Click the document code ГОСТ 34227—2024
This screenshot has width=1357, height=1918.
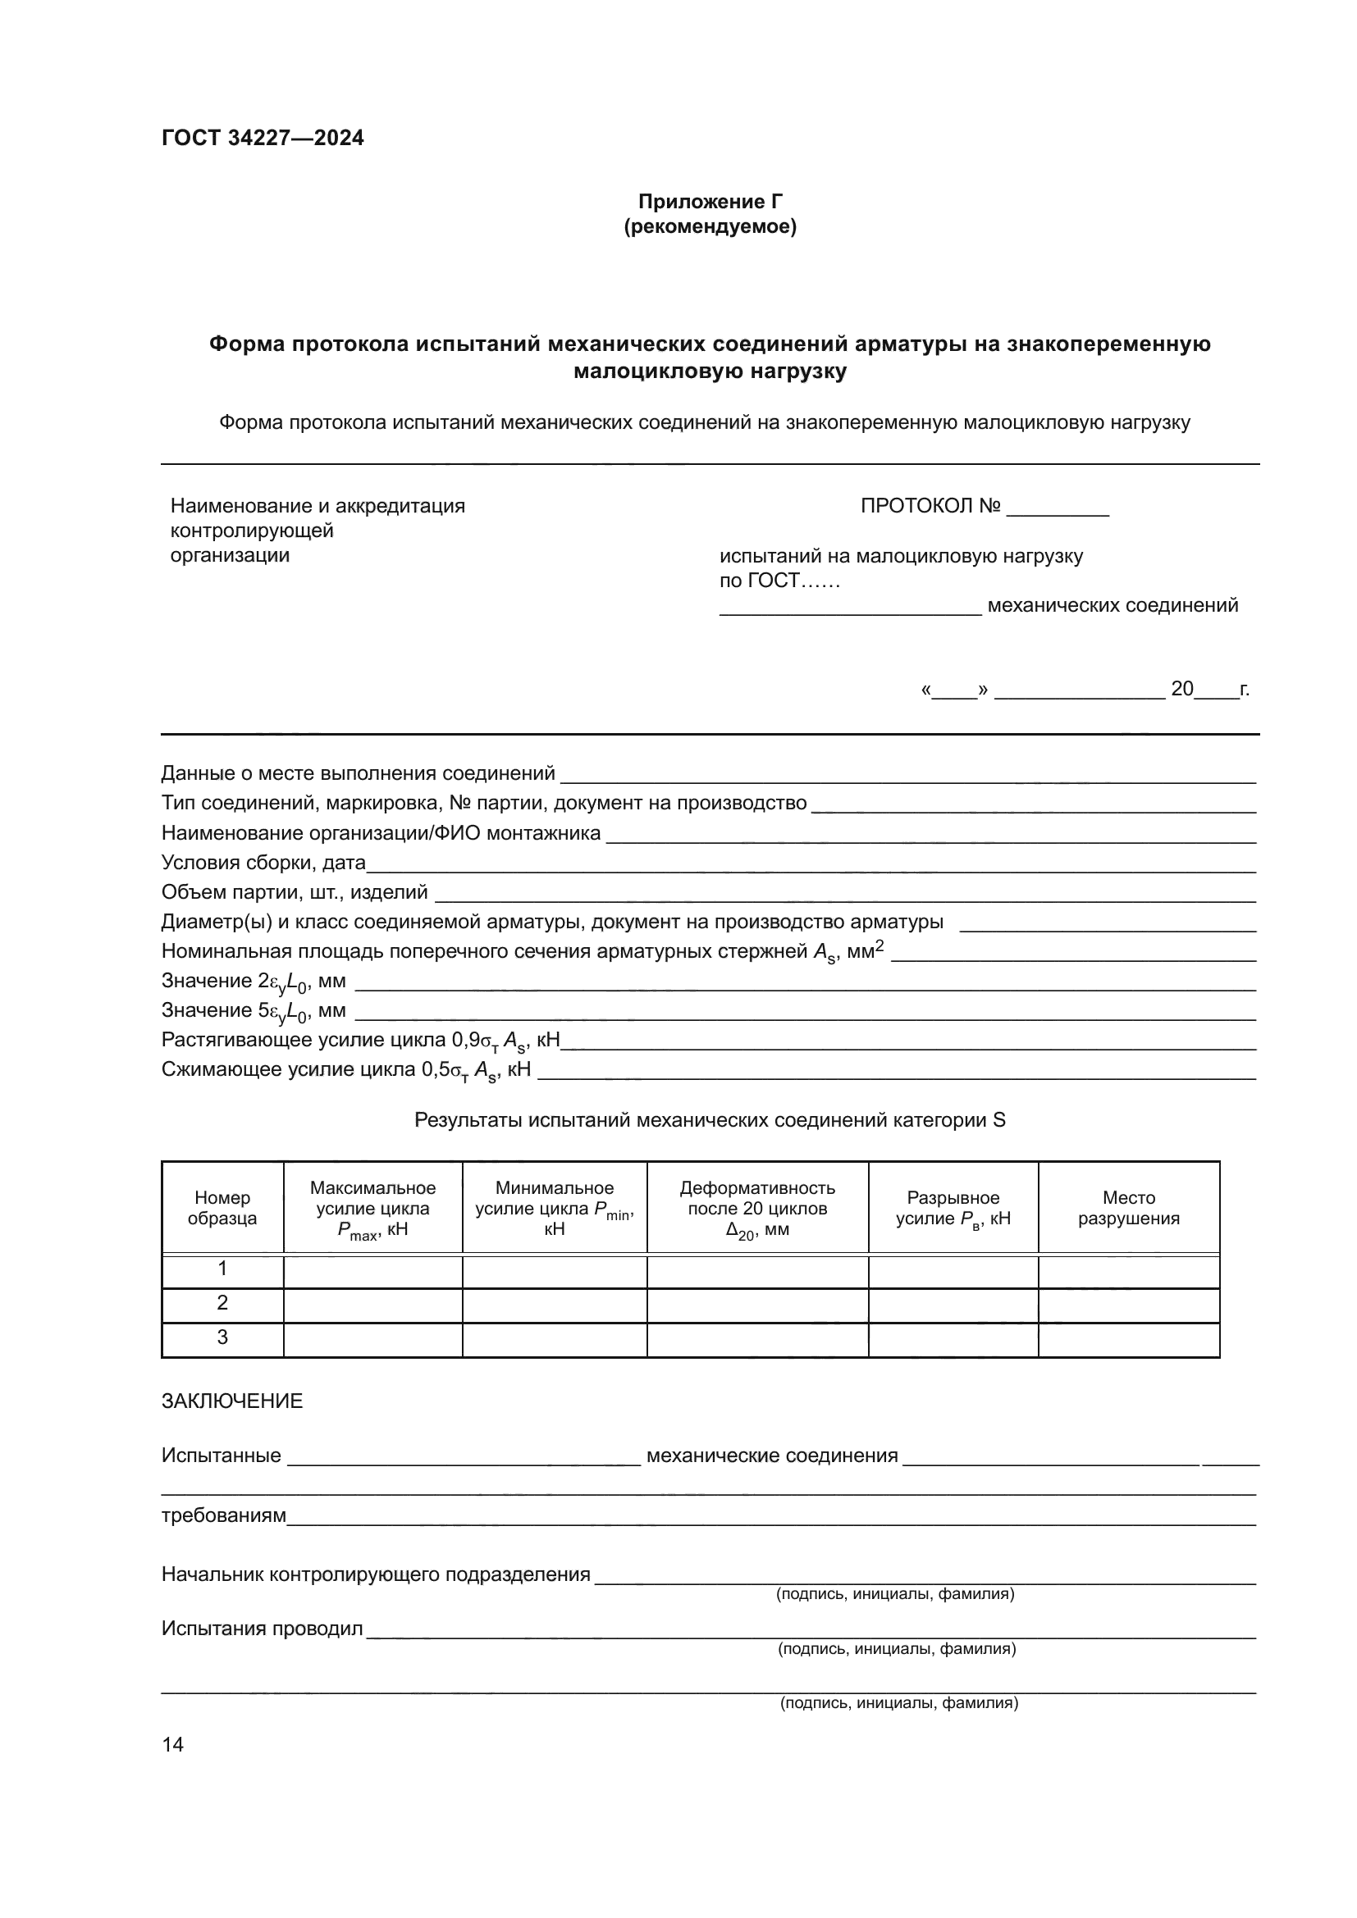tap(263, 139)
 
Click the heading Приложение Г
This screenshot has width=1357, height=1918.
tap(710, 202)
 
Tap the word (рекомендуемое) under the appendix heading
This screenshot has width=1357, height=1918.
tap(710, 227)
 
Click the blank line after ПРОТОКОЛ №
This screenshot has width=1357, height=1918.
tap(1057, 508)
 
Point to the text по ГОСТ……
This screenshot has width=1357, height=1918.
tap(779, 581)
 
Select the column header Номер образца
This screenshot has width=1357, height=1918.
tap(222, 1208)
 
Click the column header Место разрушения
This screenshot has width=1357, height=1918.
tap(1128, 1208)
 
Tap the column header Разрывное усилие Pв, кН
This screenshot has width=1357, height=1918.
tap(953, 1208)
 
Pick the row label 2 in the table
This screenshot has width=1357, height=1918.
tap(222, 1303)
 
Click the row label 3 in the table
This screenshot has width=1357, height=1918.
tap(222, 1337)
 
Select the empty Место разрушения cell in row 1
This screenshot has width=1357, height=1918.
tap(1128, 1269)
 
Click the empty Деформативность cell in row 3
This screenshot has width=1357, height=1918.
tap(757, 1339)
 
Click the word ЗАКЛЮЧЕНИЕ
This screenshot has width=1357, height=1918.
tap(231, 1401)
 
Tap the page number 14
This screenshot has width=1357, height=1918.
tap(173, 1744)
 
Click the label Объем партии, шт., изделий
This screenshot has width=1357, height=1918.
tap(295, 892)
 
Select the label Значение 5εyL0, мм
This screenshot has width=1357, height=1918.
tap(254, 1012)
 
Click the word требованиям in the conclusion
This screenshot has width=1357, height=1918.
tap(223, 1515)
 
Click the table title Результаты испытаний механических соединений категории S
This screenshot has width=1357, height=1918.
tap(710, 1120)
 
